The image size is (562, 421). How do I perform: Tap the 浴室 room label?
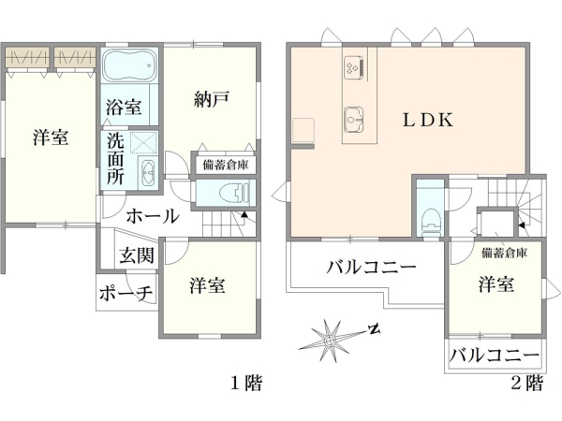(x=124, y=107)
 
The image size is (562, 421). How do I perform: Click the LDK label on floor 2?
(x=428, y=120)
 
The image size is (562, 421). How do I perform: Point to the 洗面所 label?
(x=114, y=159)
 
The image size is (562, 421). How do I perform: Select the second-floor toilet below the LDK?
(x=430, y=218)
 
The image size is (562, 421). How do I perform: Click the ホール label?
(x=152, y=216)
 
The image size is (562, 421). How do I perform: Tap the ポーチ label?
(x=126, y=294)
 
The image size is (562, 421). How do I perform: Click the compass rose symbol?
(x=333, y=340)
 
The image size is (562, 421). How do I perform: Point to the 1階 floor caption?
(x=246, y=382)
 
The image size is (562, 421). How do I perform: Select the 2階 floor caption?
(x=527, y=382)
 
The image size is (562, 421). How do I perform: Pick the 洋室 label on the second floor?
(x=495, y=284)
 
